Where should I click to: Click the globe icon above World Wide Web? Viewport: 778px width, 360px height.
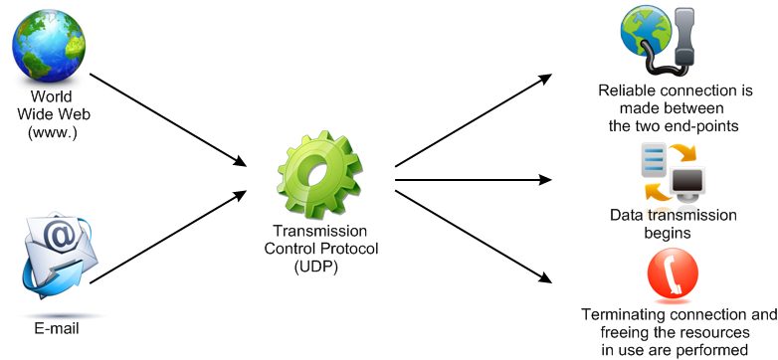point(49,46)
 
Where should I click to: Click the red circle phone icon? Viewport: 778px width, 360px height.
point(673,273)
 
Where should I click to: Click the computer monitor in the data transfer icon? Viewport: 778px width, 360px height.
point(687,184)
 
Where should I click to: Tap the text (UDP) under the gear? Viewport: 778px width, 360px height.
point(315,267)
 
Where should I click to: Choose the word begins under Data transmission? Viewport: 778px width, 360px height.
point(668,233)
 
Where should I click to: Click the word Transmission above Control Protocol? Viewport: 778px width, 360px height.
point(320,231)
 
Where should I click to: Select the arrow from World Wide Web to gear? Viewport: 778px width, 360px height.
point(168,120)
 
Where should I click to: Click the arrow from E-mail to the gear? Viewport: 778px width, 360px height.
point(168,237)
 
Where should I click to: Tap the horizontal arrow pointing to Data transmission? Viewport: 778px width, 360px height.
point(474,180)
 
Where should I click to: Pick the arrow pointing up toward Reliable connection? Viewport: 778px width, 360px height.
point(474,120)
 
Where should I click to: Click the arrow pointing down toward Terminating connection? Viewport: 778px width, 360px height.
point(474,237)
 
